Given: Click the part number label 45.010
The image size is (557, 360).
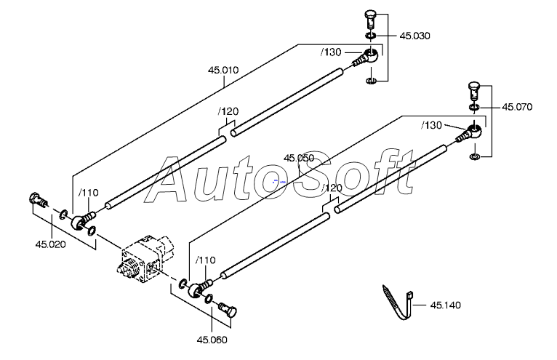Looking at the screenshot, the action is [223, 70].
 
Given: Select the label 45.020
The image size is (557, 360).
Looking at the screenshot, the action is [50, 244].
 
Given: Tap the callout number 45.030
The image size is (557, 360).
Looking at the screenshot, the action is [414, 36].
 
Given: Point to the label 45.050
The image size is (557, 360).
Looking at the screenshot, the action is [299, 158].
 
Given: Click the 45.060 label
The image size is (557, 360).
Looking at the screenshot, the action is [212, 340].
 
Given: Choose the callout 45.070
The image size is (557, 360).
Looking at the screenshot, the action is [517, 107].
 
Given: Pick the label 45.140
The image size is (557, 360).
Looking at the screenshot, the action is [445, 305].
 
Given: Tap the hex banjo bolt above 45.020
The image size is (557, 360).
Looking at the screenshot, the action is [38, 201].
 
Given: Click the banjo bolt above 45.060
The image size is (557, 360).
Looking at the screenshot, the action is [228, 309].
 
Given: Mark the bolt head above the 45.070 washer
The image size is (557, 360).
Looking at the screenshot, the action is [474, 91].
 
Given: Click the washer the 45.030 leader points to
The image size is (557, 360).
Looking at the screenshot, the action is [371, 36].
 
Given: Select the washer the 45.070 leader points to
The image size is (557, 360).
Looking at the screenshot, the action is [474, 107].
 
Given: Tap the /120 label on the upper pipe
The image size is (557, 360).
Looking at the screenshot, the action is [228, 111].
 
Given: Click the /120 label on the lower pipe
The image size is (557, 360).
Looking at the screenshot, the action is [332, 188].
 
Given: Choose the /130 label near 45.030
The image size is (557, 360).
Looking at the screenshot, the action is [331, 52].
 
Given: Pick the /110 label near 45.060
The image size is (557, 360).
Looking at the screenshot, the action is [205, 260].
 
